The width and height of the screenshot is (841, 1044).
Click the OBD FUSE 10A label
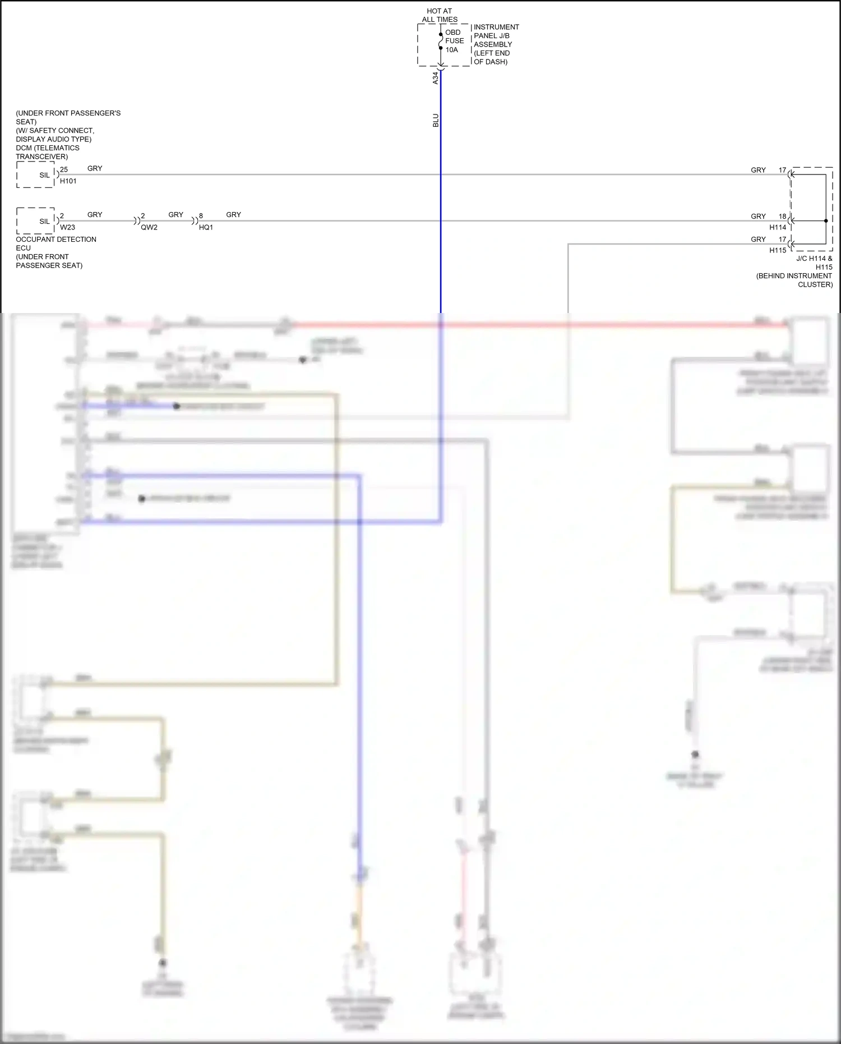point(454,41)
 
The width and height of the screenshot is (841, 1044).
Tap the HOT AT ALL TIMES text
point(440,15)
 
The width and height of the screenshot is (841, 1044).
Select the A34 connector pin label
point(435,78)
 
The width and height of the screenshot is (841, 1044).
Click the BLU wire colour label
point(436,121)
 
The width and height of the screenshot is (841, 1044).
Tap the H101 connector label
point(68,181)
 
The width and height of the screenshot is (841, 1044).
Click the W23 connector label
point(67,227)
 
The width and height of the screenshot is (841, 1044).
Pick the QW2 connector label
point(149,227)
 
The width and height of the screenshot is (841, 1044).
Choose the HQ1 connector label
point(206,227)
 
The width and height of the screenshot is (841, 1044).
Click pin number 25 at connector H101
point(64,169)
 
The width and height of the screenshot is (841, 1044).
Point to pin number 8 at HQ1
point(201,216)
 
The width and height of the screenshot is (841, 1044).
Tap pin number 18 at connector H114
point(782,217)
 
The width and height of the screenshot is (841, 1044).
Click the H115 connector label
point(777,250)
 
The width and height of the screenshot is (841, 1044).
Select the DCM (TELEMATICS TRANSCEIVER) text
point(47,152)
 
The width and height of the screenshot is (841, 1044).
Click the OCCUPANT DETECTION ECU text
point(56,243)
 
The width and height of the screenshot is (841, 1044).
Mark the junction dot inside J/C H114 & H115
point(826,221)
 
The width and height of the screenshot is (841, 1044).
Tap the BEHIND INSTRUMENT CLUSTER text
point(794,280)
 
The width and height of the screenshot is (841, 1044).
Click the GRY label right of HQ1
point(233,215)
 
